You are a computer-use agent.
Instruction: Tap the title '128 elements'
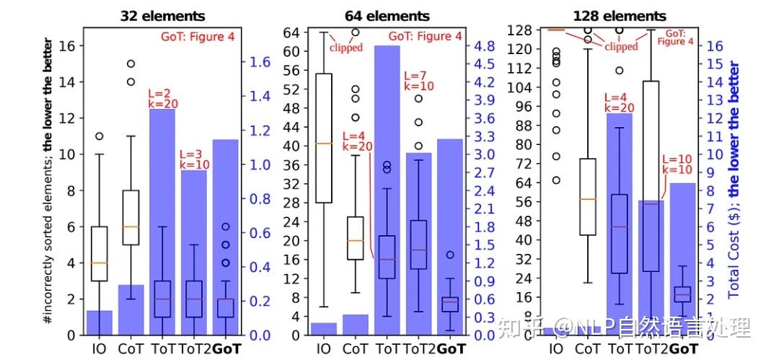[x=619, y=15]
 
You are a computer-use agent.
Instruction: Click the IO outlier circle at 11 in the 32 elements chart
[x=100, y=136]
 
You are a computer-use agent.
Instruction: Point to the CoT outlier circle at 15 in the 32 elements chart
[x=131, y=64]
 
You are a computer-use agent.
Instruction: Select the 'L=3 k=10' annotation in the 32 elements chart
[x=193, y=159]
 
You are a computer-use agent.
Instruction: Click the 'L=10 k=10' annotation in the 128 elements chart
[x=677, y=164]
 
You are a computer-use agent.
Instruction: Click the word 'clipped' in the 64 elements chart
[x=345, y=48]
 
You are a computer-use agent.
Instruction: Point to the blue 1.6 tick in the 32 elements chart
[x=260, y=62]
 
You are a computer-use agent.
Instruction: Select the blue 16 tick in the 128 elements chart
[x=715, y=45]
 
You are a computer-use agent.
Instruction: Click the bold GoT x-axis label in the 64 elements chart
[x=451, y=349]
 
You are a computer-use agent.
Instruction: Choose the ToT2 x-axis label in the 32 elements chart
[x=194, y=349]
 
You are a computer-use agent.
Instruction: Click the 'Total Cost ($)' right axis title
[x=734, y=180]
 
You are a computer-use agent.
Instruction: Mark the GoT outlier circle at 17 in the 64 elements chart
[x=449, y=255]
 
